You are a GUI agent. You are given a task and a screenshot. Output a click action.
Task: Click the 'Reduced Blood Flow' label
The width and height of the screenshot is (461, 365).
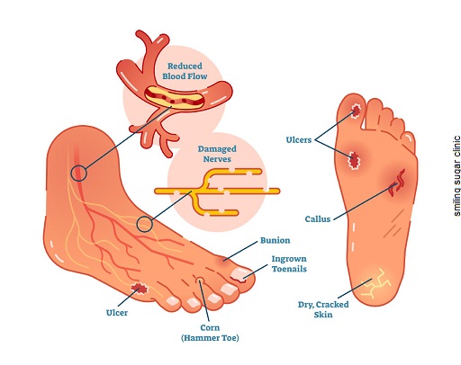click(x=185, y=71)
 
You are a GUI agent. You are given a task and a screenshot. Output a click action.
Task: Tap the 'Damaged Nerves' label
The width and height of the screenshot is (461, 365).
click(x=217, y=154)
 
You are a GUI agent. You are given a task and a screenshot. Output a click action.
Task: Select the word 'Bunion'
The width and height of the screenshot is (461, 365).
click(x=275, y=240)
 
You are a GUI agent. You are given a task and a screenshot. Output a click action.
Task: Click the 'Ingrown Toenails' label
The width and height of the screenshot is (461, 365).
click(x=289, y=263)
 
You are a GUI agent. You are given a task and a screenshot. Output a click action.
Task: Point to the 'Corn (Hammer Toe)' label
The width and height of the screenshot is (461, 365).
click(x=210, y=333)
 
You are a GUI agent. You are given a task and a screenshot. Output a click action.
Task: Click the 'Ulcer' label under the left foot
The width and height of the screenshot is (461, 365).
click(x=117, y=313)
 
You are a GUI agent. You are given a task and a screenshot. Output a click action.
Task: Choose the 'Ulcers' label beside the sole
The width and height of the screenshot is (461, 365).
click(x=299, y=139)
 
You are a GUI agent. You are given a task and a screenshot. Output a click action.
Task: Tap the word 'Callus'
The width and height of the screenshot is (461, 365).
click(x=318, y=219)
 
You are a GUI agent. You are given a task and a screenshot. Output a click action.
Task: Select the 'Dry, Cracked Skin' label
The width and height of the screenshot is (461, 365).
click(x=323, y=309)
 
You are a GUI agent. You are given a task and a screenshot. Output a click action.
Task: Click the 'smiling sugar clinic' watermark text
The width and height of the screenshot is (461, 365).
click(x=456, y=176)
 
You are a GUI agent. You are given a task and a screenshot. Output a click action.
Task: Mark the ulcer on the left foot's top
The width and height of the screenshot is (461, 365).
click(x=140, y=289)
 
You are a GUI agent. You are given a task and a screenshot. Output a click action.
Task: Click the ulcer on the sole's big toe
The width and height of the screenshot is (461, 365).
click(x=357, y=111)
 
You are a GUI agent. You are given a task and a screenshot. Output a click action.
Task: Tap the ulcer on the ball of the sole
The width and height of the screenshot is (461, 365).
click(x=354, y=160)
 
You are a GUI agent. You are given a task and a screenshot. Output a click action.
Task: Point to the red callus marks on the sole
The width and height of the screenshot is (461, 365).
click(x=397, y=182)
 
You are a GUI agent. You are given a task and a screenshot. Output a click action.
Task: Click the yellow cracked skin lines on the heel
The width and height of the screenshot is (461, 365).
click(x=375, y=283)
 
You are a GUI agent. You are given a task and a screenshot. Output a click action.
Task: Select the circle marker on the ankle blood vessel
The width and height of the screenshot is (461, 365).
click(x=79, y=174)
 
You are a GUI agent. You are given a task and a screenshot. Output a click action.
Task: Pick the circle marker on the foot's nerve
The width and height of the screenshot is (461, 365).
click(x=145, y=224)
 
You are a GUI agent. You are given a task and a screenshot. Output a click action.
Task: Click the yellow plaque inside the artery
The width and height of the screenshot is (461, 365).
click(x=173, y=97)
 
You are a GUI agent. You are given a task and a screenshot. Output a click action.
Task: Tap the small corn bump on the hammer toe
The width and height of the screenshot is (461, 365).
click(x=200, y=280)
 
